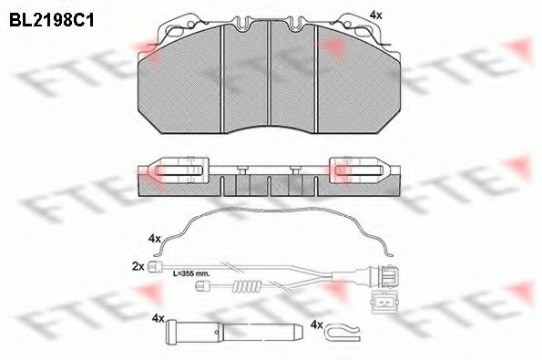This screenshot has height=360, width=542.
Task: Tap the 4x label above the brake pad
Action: (x=375, y=15)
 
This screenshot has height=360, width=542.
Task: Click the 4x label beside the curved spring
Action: (x=154, y=238)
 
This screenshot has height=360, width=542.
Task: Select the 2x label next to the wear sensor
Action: (x=138, y=266)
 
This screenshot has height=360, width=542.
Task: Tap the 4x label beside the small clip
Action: (x=317, y=324)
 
